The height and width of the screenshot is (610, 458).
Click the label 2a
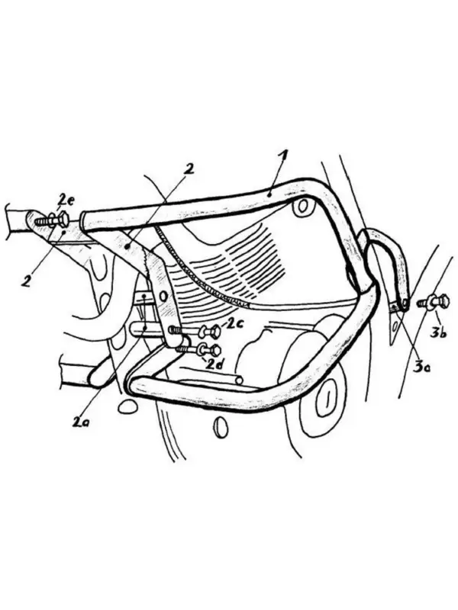[x=81, y=422]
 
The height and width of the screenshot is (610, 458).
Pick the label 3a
[x=422, y=367]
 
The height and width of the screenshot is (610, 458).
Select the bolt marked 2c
[x=195, y=332]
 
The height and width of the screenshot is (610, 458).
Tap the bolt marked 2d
[x=198, y=350]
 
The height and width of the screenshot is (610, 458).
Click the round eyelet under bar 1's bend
[x=302, y=207]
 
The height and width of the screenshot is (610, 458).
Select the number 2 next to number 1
[x=189, y=169]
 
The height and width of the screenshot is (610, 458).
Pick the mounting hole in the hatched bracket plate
[x=163, y=297]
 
